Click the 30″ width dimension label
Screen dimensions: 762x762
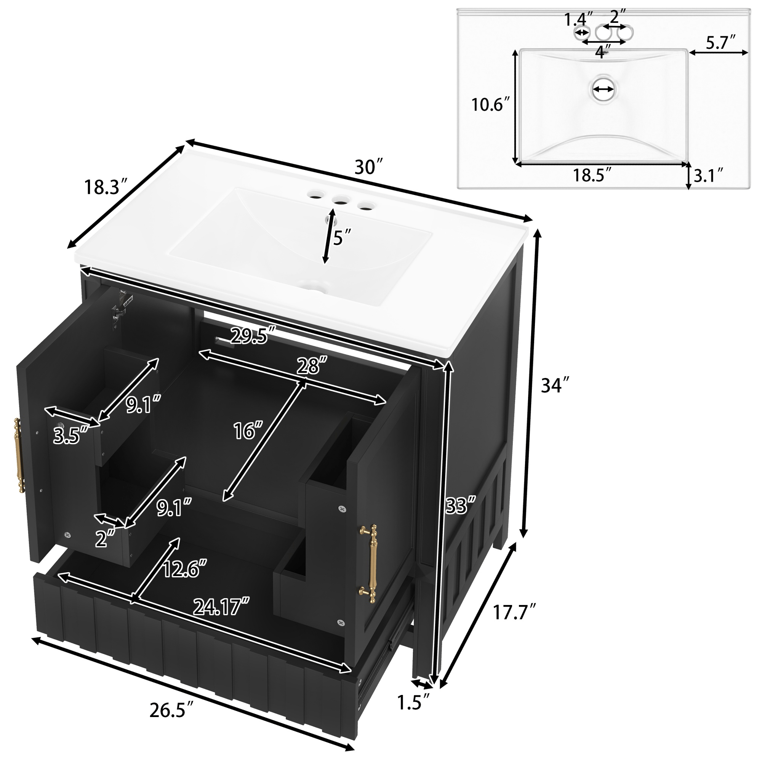tap(368, 167)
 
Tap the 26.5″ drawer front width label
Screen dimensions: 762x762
tap(172, 710)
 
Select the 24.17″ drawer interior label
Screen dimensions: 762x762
tap(221, 606)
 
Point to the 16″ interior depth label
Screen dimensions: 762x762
tap(248, 430)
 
